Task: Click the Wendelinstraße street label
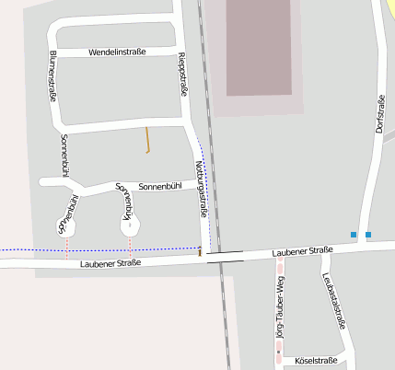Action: click(117, 52)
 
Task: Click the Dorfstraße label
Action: click(380, 111)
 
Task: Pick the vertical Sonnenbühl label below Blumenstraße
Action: click(64, 155)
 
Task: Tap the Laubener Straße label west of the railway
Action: click(110, 264)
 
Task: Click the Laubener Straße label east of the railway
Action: click(302, 251)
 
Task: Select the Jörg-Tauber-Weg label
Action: click(280, 311)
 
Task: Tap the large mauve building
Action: click(258, 46)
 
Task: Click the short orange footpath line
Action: click(147, 139)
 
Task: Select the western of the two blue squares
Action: click(353, 236)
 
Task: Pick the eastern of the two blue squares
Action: click(368, 236)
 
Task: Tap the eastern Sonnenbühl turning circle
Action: click(131, 225)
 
